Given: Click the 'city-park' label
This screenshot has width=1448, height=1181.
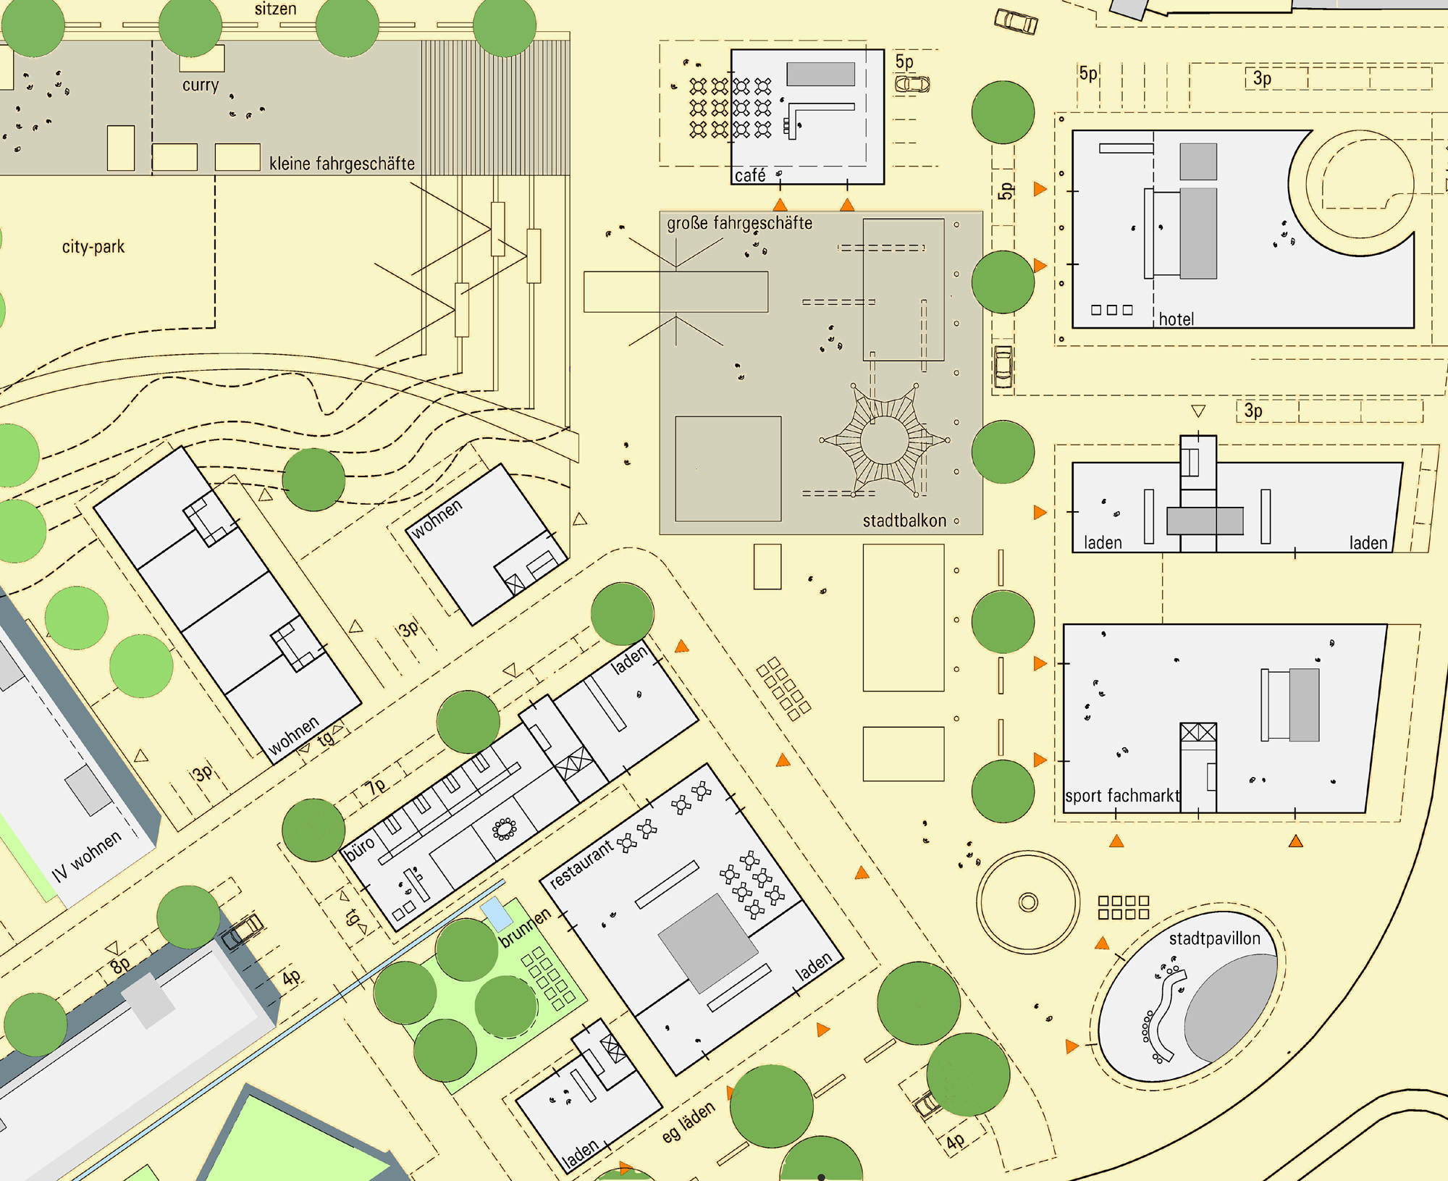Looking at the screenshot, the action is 93,247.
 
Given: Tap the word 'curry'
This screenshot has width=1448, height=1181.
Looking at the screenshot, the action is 201,85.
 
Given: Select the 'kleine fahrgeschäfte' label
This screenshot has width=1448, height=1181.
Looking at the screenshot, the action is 342,164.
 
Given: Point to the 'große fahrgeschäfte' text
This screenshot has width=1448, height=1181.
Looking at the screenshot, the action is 739,223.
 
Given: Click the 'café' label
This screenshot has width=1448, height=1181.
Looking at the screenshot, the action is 750,175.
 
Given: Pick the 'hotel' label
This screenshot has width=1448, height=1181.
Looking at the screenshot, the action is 1176,319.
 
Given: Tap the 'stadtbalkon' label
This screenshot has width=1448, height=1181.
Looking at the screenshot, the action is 904,521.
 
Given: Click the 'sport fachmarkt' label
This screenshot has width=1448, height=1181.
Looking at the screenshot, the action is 1122,796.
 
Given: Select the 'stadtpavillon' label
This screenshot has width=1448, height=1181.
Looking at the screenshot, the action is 1215,939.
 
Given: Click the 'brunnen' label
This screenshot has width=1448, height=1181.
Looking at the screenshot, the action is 526,928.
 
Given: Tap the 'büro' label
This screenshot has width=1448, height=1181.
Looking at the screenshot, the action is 360,848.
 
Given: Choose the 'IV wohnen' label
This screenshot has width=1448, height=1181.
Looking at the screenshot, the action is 87,857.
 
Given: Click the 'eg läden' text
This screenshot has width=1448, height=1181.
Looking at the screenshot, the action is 689,1122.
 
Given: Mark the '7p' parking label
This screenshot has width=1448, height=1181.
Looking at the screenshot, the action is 376,787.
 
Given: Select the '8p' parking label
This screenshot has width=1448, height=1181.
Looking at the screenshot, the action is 120,964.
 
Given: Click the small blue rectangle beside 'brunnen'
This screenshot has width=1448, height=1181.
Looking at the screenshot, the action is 497,912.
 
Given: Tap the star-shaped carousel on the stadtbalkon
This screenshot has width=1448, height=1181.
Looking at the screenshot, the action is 884,440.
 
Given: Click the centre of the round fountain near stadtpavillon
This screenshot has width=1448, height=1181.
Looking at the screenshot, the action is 1028,902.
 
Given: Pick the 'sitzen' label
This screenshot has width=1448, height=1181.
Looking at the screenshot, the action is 275,9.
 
